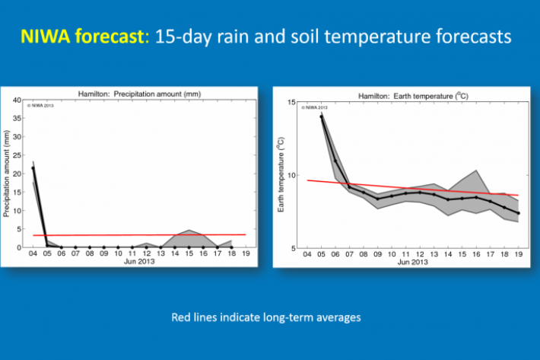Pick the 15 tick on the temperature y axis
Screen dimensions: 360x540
[289, 102]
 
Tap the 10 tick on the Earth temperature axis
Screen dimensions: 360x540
[289, 175]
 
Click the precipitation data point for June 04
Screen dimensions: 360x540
[33, 168]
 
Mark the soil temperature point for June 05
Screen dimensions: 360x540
[322, 116]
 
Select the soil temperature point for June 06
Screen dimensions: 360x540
[335, 161]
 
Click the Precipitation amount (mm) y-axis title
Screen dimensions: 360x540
[8, 174]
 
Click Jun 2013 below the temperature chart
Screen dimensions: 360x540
[412, 263]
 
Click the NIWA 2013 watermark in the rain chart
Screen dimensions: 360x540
[44, 104]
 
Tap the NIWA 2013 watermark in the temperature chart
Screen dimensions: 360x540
[315, 107]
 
